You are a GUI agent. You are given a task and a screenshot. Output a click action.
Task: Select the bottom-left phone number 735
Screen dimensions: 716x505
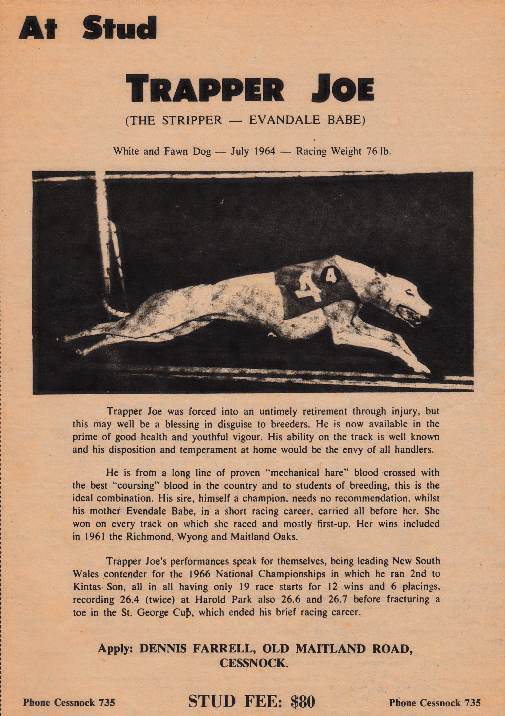coord(107,694)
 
